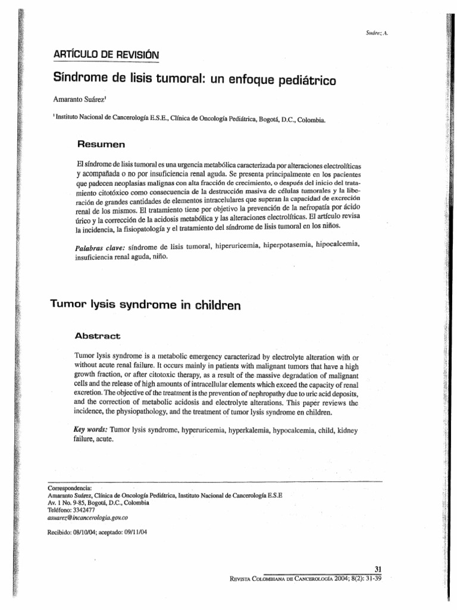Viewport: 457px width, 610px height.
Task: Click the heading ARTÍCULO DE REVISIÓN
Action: pos(107,55)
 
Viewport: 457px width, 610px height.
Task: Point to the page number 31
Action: pos(383,569)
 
